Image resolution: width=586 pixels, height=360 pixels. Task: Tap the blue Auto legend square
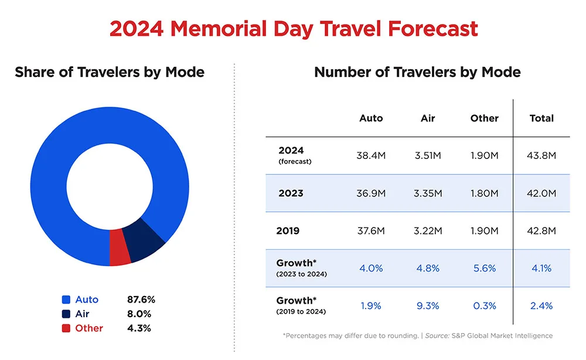pyautogui.click(x=66, y=300)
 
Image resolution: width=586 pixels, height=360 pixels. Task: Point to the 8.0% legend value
pyautogui.click(x=139, y=314)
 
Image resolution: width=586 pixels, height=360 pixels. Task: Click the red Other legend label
pyautogui.click(x=89, y=328)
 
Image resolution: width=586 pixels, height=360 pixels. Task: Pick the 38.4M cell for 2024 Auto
pyautogui.click(x=370, y=155)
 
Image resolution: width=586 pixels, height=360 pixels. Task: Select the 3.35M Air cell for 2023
pyautogui.click(x=428, y=193)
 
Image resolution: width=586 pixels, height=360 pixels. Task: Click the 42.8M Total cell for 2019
pyautogui.click(x=541, y=230)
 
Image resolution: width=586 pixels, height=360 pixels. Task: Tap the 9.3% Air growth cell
pyautogui.click(x=428, y=305)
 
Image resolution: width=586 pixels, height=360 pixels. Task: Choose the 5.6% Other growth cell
pyautogui.click(x=484, y=268)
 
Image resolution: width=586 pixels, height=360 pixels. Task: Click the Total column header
pyautogui.click(x=541, y=118)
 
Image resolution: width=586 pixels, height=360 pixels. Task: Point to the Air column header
pyautogui.click(x=428, y=118)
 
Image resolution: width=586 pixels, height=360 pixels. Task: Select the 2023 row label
pyautogui.click(x=291, y=193)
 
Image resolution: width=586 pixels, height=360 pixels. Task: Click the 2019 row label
pyautogui.click(x=288, y=230)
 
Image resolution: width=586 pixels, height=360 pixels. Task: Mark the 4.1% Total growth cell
pyautogui.click(x=541, y=268)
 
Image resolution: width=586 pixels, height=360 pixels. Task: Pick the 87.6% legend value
pyautogui.click(x=141, y=300)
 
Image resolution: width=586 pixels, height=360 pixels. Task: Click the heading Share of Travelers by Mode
pyautogui.click(x=110, y=72)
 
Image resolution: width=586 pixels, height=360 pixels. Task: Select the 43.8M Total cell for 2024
pyautogui.click(x=541, y=155)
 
